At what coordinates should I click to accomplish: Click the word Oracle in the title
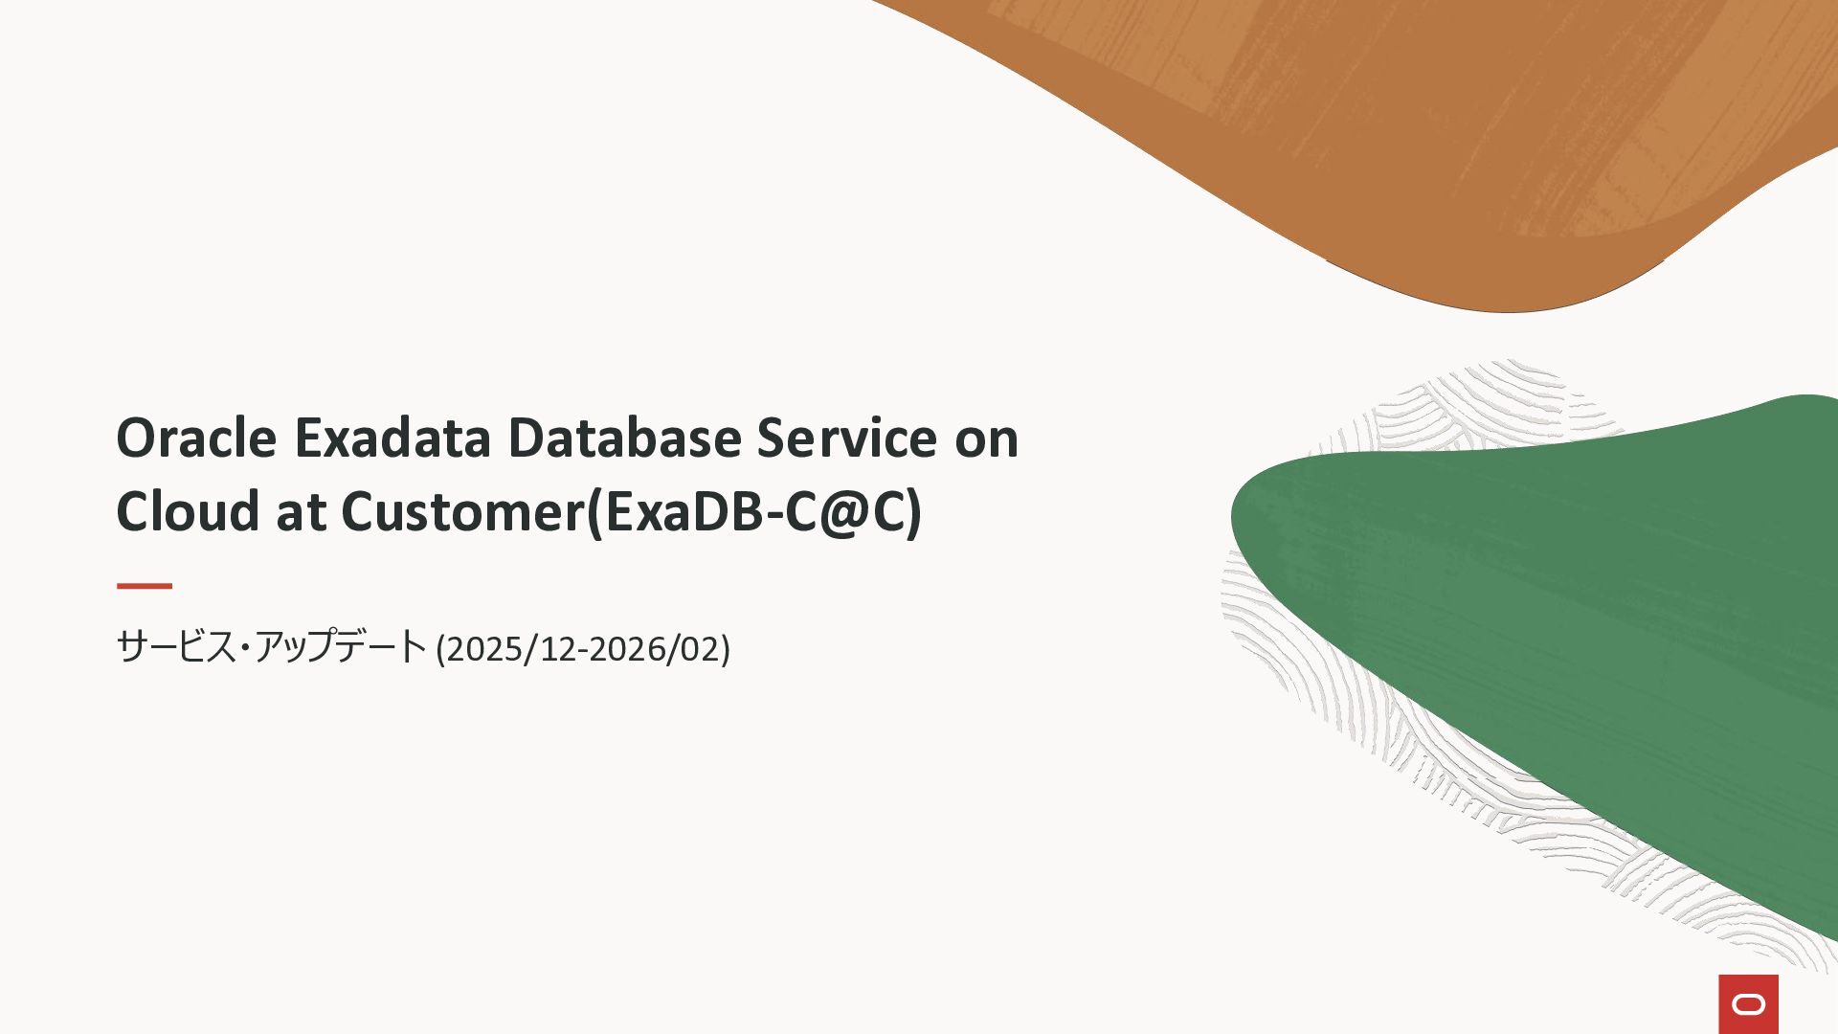point(196,438)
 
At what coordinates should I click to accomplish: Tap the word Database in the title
point(624,438)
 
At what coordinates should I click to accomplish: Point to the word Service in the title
point(847,438)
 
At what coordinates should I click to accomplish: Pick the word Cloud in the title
point(188,511)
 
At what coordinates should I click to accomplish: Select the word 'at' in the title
point(301,514)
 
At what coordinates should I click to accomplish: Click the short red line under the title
point(145,586)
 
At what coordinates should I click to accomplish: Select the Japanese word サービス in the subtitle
point(176,647)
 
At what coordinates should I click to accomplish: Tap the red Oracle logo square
point(1749,1004)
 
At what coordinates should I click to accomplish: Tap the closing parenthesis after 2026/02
point(726,649)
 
